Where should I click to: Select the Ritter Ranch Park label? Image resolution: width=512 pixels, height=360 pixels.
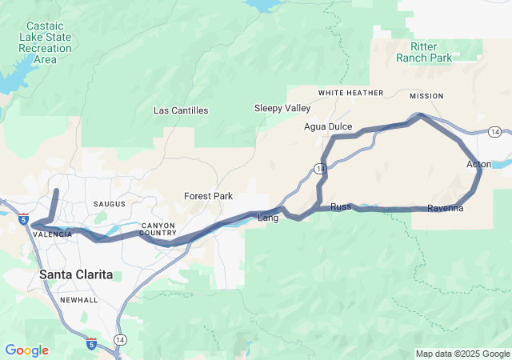coord(424,52)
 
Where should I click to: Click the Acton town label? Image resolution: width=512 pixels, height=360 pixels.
coord(478,164)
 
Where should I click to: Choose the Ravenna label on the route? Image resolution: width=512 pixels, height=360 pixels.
coord(445,209)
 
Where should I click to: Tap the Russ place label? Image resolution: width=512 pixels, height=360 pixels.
coord(341,206)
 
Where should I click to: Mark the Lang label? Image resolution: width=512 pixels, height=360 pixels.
coord(267,218)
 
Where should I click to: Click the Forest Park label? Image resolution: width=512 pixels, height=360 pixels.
coord(208,196)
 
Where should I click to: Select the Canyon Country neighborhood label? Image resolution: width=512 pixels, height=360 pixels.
coord(158,230)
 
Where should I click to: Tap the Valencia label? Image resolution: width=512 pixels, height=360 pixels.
coord(54,234)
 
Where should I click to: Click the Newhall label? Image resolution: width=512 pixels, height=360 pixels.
coord(78,300)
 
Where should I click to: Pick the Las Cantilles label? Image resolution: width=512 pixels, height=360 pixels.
coord(181,110)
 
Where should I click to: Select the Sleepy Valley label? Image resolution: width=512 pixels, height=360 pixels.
coord(282,108)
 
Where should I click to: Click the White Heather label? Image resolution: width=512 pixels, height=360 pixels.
coord(350,94)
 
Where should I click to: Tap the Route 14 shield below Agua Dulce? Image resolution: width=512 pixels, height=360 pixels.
coord(320,169)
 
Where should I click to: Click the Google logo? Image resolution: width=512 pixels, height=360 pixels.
coord(26,350)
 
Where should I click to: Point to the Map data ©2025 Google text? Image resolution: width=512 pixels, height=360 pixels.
coord(462,354)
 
